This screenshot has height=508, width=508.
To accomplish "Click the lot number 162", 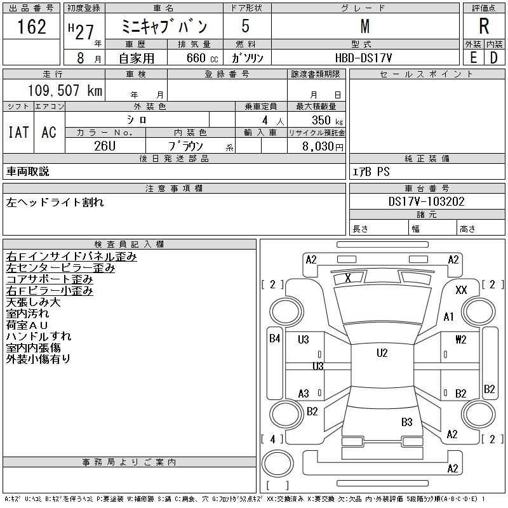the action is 32,27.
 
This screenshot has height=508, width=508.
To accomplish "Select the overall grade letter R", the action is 484,26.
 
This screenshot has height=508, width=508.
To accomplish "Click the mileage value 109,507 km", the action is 65,90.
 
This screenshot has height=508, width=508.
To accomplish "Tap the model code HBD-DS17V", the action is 363,58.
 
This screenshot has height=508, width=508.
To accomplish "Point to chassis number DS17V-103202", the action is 426,201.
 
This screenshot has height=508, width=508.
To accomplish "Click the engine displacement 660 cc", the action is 202,58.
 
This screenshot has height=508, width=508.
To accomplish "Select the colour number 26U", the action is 105,146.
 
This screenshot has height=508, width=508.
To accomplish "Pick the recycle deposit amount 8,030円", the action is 323,146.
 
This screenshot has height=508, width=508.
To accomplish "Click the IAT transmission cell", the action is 18,132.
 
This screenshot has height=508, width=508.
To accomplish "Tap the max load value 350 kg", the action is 327,120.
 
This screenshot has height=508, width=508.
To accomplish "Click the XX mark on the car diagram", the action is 461,290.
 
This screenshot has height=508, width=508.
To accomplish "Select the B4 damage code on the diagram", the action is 275,338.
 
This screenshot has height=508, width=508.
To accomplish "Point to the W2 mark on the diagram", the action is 461,340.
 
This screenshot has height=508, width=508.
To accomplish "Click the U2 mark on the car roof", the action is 382,353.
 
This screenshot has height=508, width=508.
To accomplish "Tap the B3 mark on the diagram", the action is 407,422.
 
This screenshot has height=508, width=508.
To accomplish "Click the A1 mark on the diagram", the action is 449,316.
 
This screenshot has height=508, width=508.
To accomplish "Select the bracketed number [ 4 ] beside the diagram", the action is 272,439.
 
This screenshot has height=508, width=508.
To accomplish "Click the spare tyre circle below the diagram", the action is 277,464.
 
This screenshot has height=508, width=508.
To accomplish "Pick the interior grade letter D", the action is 494,58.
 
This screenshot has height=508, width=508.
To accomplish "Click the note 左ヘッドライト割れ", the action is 55,203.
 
